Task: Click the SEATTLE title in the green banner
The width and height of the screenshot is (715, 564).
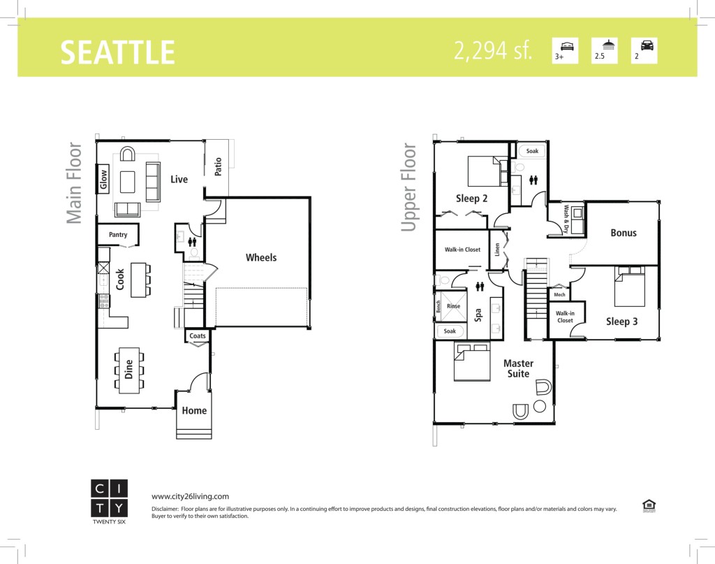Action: pyautogui.click(x=117, y=52)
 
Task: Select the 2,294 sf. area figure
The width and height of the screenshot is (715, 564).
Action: pyautogui.click(x=492, y=50)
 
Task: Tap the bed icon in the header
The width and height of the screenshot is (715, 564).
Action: pyautogui.click(x=567, y=45)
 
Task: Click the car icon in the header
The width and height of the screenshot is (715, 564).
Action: pyautogui.click(x=647, y=45)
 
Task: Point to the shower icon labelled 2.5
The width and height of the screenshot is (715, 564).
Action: pyautogui.click(x=608, y=45)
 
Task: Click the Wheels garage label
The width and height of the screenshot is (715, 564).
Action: pyautogui.click(x=261, y=257)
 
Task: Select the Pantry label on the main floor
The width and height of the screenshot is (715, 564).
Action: pyautogui.click(x=118, y=235)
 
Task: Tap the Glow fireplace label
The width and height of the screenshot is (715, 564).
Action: pyautogui.click(x=103, y=179)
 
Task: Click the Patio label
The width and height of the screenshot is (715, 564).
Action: pyautogui.click(x=218, y=166)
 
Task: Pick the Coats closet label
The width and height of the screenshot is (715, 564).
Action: pyautogui.click(x=198, y=336)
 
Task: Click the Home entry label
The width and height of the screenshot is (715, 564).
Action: pyautogui.click(x=194, y=410)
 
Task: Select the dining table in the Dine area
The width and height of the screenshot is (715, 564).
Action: pyautogui.click(x=128, y=370)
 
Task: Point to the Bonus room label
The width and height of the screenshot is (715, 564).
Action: pyautogui.click(x=624, y=233)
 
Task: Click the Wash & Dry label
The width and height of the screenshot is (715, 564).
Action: pyautogui.click(x=566, y=219)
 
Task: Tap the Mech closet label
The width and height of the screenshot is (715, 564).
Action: pyautogui.click(x=559, y=295)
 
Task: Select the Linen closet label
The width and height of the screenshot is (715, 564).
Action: pyautogui.click(x=497, y=249)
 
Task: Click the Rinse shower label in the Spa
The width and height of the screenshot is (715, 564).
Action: pyautogui.click(x=453, y=306)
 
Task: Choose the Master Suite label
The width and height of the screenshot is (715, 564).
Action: pyautogui.click(x=519, y=369)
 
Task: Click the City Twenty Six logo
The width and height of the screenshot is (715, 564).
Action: pyautogui.click(x=109, y=502)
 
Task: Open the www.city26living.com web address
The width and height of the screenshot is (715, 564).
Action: pyautogui.click(x=190, y=496)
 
